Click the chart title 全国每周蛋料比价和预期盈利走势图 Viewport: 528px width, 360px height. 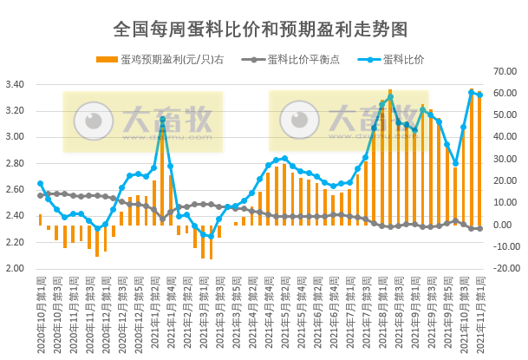pyautogui.click(x=260, y=29)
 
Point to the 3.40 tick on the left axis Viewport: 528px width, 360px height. pyautogui.click(x=16, y=85)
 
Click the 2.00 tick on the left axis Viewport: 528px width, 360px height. pyautogui.click(x=16, y=268)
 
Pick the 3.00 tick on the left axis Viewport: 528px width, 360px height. pyautogui.click(x=16, y=137)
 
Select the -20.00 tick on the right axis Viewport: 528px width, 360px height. pyautogui.click(x=504, y=268)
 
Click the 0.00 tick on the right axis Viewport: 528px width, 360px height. pyautogui.click(x=504, y=225)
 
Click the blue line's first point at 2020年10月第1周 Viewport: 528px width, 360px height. pyautogui.click(x=40, y=184)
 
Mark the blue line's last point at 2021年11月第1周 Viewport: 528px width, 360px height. pyautogui.click(x=479, y=95)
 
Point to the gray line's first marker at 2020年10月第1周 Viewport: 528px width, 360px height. pyautogui.click(x=40, y=195)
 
